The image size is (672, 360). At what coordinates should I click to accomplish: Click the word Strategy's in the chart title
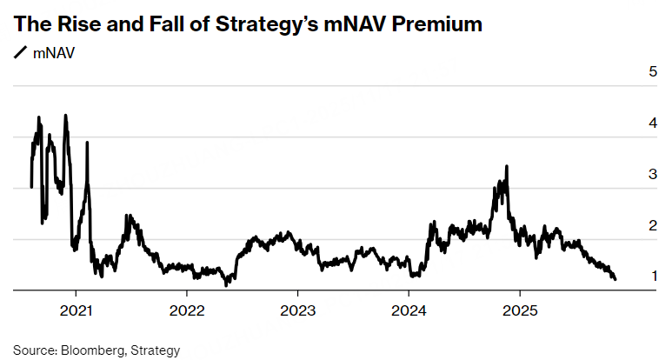coord(276,24)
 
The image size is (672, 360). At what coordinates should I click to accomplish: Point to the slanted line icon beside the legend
coord(20,52)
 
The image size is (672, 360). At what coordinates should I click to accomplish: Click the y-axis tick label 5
coord(652,71)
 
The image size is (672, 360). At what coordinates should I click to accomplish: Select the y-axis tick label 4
coord(652,123)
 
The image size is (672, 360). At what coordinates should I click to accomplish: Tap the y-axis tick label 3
coord(652,174)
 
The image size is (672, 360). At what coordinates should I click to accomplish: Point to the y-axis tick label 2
coord(652,225)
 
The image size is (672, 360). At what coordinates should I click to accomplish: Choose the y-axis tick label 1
coord(652,276)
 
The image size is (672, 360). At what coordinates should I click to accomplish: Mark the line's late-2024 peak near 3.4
coord(507,166)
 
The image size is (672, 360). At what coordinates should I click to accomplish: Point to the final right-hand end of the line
coord(615,279)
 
